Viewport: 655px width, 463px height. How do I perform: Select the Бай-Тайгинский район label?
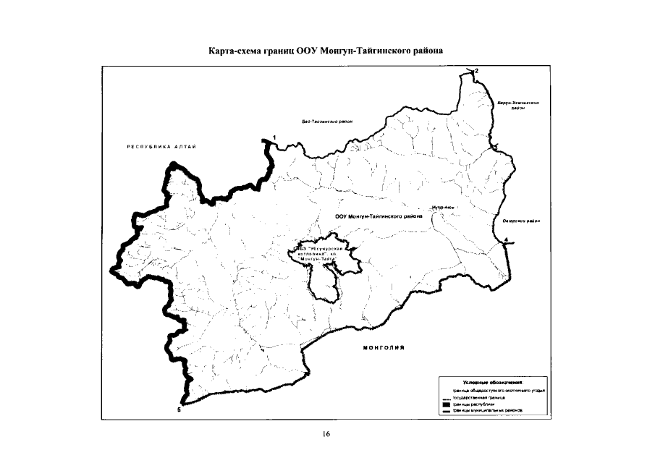[x=327, y=121]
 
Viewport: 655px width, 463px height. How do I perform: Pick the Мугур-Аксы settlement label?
[x=442, y=207]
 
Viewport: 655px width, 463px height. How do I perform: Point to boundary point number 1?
[x=274, y=137]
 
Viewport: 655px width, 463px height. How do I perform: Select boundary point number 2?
[x=477, y=69]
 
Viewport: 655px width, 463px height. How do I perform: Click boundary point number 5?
[x=179, y=409]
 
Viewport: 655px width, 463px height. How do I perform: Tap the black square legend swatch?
[x=447, y=404]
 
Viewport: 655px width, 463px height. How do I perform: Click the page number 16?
[x=326, y=434]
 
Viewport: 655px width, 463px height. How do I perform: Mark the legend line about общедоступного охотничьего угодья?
[x=499, y=390]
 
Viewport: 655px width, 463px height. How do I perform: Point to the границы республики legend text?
[x=473, y=404]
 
